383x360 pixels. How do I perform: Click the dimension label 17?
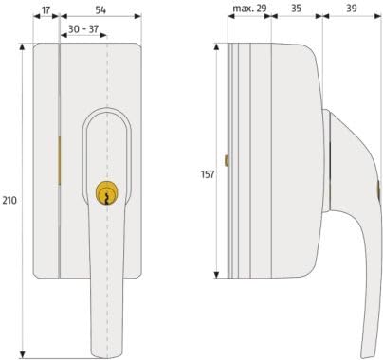(x=46, y=10)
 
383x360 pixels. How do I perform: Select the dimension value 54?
(x=100, y=10)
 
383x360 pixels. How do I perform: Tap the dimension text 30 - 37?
(x=83, y=29)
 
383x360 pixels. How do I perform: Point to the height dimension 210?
(x=9, y=200)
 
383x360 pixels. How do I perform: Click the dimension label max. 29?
(x=249, y=9)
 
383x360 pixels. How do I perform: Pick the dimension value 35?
(x=296, y=9)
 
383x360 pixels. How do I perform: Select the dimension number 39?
(x=352, y=9)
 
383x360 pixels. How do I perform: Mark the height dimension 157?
(x=208, y=174)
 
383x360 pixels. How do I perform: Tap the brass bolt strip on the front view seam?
(x=59, y=160)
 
